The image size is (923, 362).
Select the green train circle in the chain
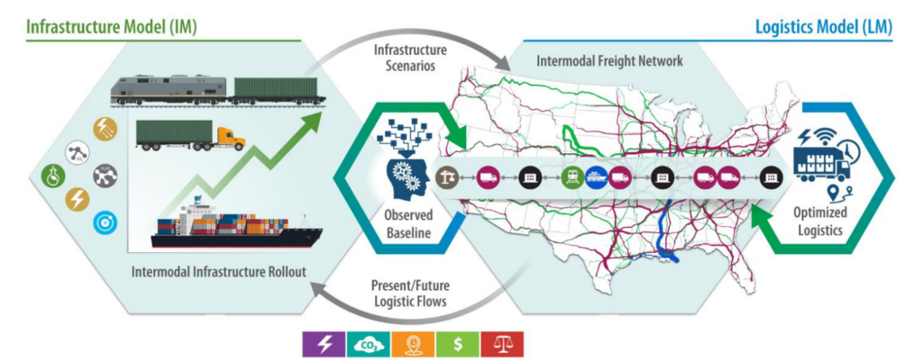click(571, 177)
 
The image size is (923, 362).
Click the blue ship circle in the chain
click(596, 177)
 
